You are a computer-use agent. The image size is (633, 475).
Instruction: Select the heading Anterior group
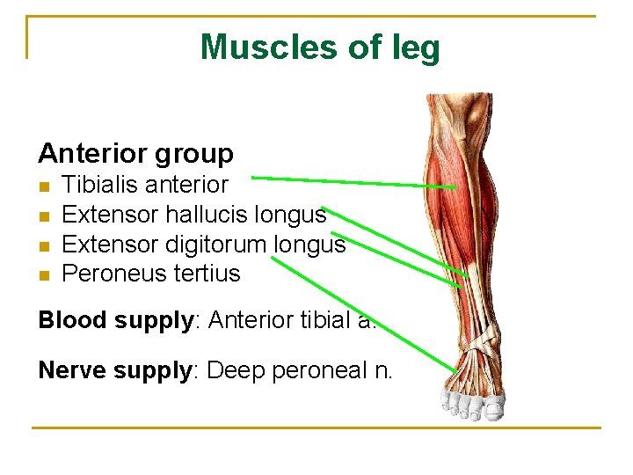(135, 154)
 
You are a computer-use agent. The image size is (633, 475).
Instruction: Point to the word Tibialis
(100, 185)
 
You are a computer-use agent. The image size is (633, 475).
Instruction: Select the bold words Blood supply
(114, 320)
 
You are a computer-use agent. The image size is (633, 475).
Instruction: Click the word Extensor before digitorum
(107, 244)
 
